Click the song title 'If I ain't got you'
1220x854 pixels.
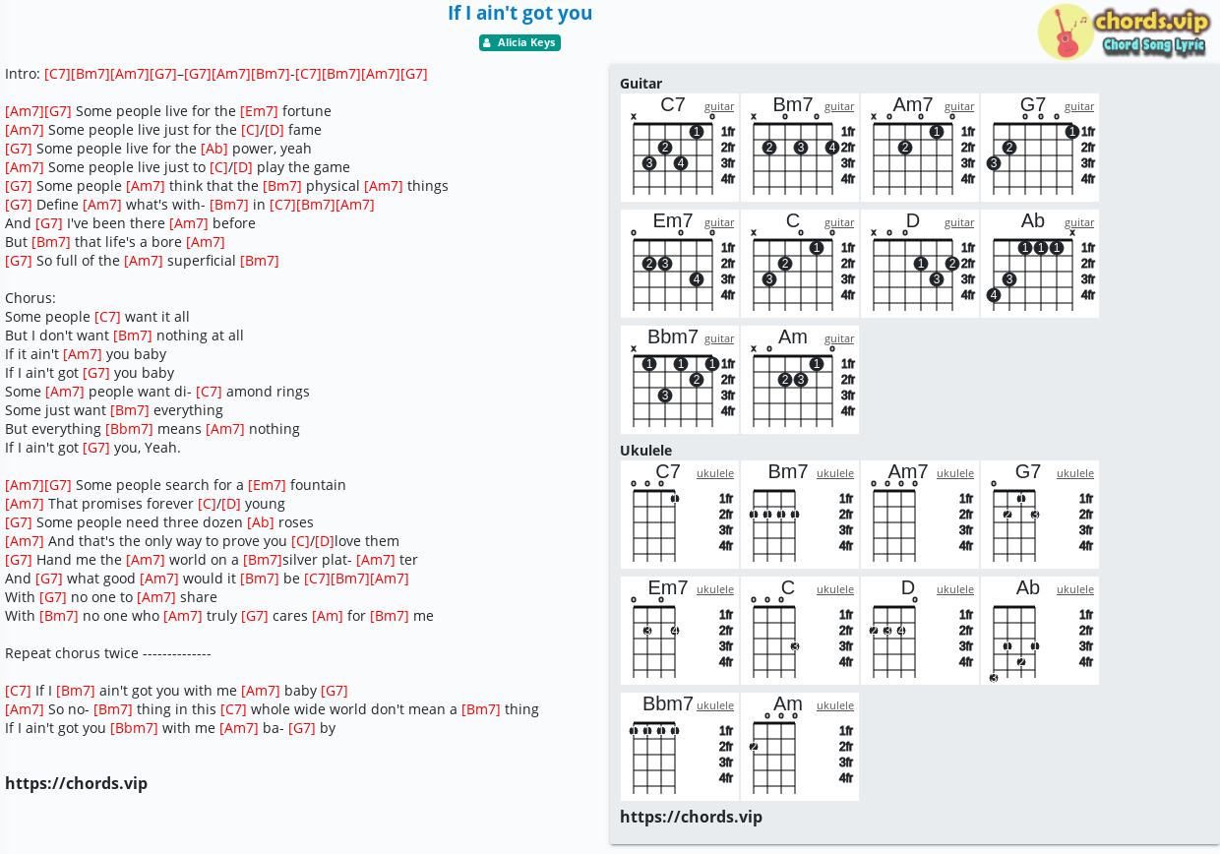coord(519,13)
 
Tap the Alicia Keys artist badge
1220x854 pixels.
coord(519,42)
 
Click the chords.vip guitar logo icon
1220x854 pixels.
coord(1066,32)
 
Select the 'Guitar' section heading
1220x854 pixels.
coord(640,84)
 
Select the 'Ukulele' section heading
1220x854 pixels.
coord(645,451)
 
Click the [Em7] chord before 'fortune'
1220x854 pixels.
coord(259,111)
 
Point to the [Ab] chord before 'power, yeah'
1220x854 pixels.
coord(214,149)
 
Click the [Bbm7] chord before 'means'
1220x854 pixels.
coord(129,429)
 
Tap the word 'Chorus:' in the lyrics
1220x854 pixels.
coord(30,298)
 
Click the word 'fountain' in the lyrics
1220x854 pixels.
coord(318,485)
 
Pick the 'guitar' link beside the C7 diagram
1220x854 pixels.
coord(719,106)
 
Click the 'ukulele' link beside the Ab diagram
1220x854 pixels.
coord(1075,589)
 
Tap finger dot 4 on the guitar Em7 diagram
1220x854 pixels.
coord(696,279)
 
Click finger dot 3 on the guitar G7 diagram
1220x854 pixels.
coord(994,163)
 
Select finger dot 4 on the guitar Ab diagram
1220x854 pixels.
coord(994,295)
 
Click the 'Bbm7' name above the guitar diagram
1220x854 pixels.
coord(673,337)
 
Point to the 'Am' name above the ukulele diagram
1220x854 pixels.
coord(787,703)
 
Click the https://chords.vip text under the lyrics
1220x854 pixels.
coord(77,783)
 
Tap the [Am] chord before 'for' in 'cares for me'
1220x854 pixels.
coord(328,616)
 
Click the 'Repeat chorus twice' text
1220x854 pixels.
coord(72,653)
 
